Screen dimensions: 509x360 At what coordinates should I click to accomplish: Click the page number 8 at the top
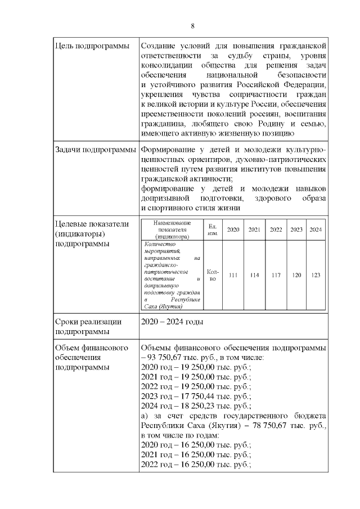pyautogui.click(x=193, y=26)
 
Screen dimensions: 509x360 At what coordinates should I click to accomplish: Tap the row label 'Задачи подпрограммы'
pyautogui.click(x=95, y=150)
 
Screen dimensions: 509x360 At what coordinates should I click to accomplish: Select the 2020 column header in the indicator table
pyautogui.click(x=233, y=229)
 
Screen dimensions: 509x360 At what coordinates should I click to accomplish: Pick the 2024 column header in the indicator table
pyautogui.click(x=316, y=229)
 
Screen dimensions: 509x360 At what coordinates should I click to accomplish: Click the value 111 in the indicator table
pyautogui.click(x=233, y=275)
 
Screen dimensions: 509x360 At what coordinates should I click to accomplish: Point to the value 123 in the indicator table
pyautogui.click(x=316, y=275)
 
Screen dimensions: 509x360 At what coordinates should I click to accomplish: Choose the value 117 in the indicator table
pyautogui.click(x=276, y=275)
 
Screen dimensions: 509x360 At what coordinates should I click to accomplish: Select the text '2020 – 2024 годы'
pyautogui.click(x=172, y=322)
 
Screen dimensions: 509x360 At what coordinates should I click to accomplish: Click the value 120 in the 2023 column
pyautogui.click(x=296, y=275)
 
